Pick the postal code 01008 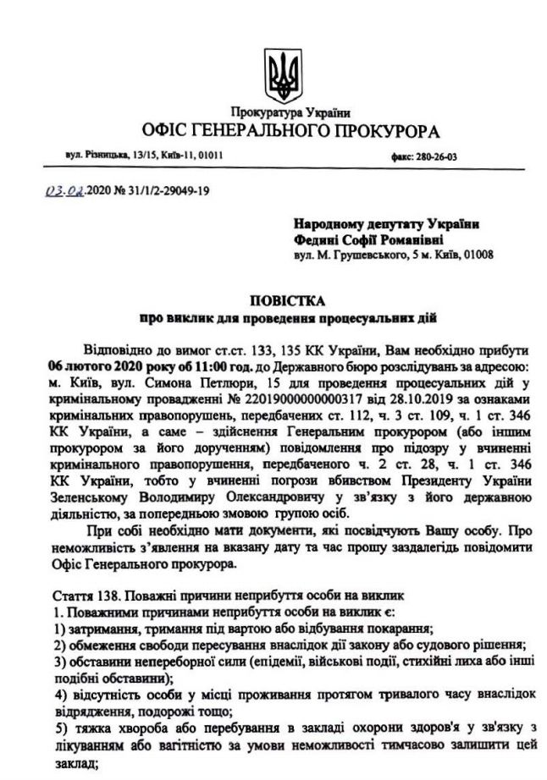476,254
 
